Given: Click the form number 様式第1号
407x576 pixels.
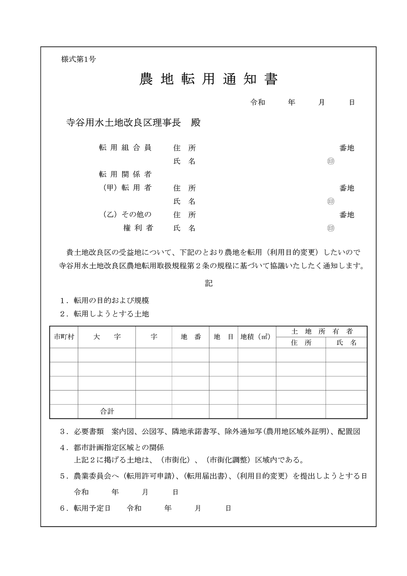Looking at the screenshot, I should (78, 59).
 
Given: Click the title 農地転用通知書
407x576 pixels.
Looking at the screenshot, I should (208, 79).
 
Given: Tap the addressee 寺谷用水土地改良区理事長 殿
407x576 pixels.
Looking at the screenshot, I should (133, 123).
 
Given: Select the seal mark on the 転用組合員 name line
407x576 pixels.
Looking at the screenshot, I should (331, 161).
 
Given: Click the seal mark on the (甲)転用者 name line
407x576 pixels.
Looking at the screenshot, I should (331, 201).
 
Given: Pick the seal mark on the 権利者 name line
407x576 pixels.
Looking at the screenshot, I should (331, 228).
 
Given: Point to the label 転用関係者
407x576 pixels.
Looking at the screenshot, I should (125, 174).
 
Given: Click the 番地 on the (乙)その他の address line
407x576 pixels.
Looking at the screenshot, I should (347, 215).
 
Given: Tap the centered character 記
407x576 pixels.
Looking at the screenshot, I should (209, 283).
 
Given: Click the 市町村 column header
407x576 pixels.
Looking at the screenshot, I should (64, 337).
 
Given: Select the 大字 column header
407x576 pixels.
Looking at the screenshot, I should (107, 337).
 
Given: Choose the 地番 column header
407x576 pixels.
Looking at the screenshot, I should (191, 337).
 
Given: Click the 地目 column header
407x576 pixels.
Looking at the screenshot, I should (224, 337).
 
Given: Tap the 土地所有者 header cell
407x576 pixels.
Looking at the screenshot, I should (322, 332).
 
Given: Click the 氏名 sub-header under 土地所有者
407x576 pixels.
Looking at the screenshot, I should (346, 343).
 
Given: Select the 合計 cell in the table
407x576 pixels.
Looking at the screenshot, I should (107, 411).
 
